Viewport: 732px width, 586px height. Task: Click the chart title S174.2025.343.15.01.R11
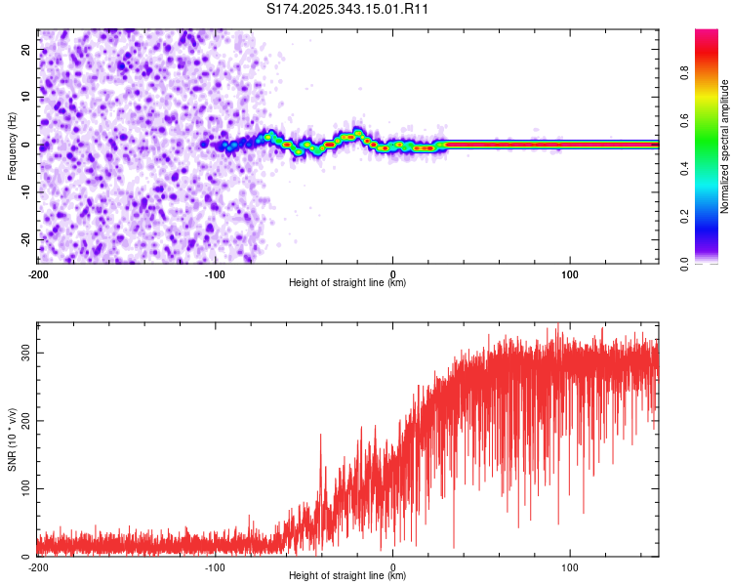[348, 9]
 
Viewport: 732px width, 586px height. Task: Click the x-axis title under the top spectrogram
[347, 283]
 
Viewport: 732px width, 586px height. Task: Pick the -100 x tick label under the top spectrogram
[215, 272]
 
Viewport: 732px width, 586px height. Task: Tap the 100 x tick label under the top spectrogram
[570, 272]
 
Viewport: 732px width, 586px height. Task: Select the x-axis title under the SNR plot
[347, 576]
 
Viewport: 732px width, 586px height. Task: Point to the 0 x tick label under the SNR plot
[392, 566]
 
